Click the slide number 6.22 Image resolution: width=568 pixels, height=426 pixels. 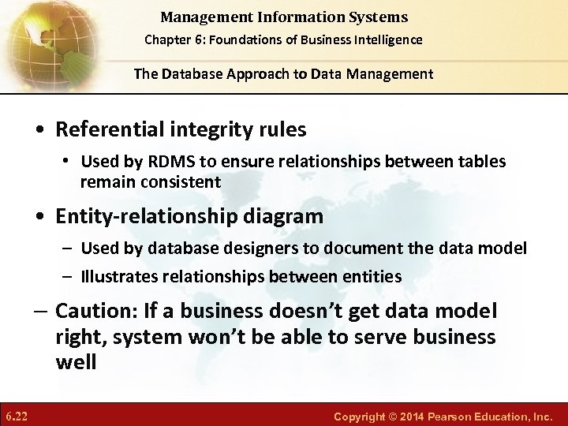click(x=17, y=415)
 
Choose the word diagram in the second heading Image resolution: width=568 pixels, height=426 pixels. click(x=287, y=215)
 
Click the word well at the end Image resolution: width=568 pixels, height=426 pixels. click(x=75, y=363)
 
